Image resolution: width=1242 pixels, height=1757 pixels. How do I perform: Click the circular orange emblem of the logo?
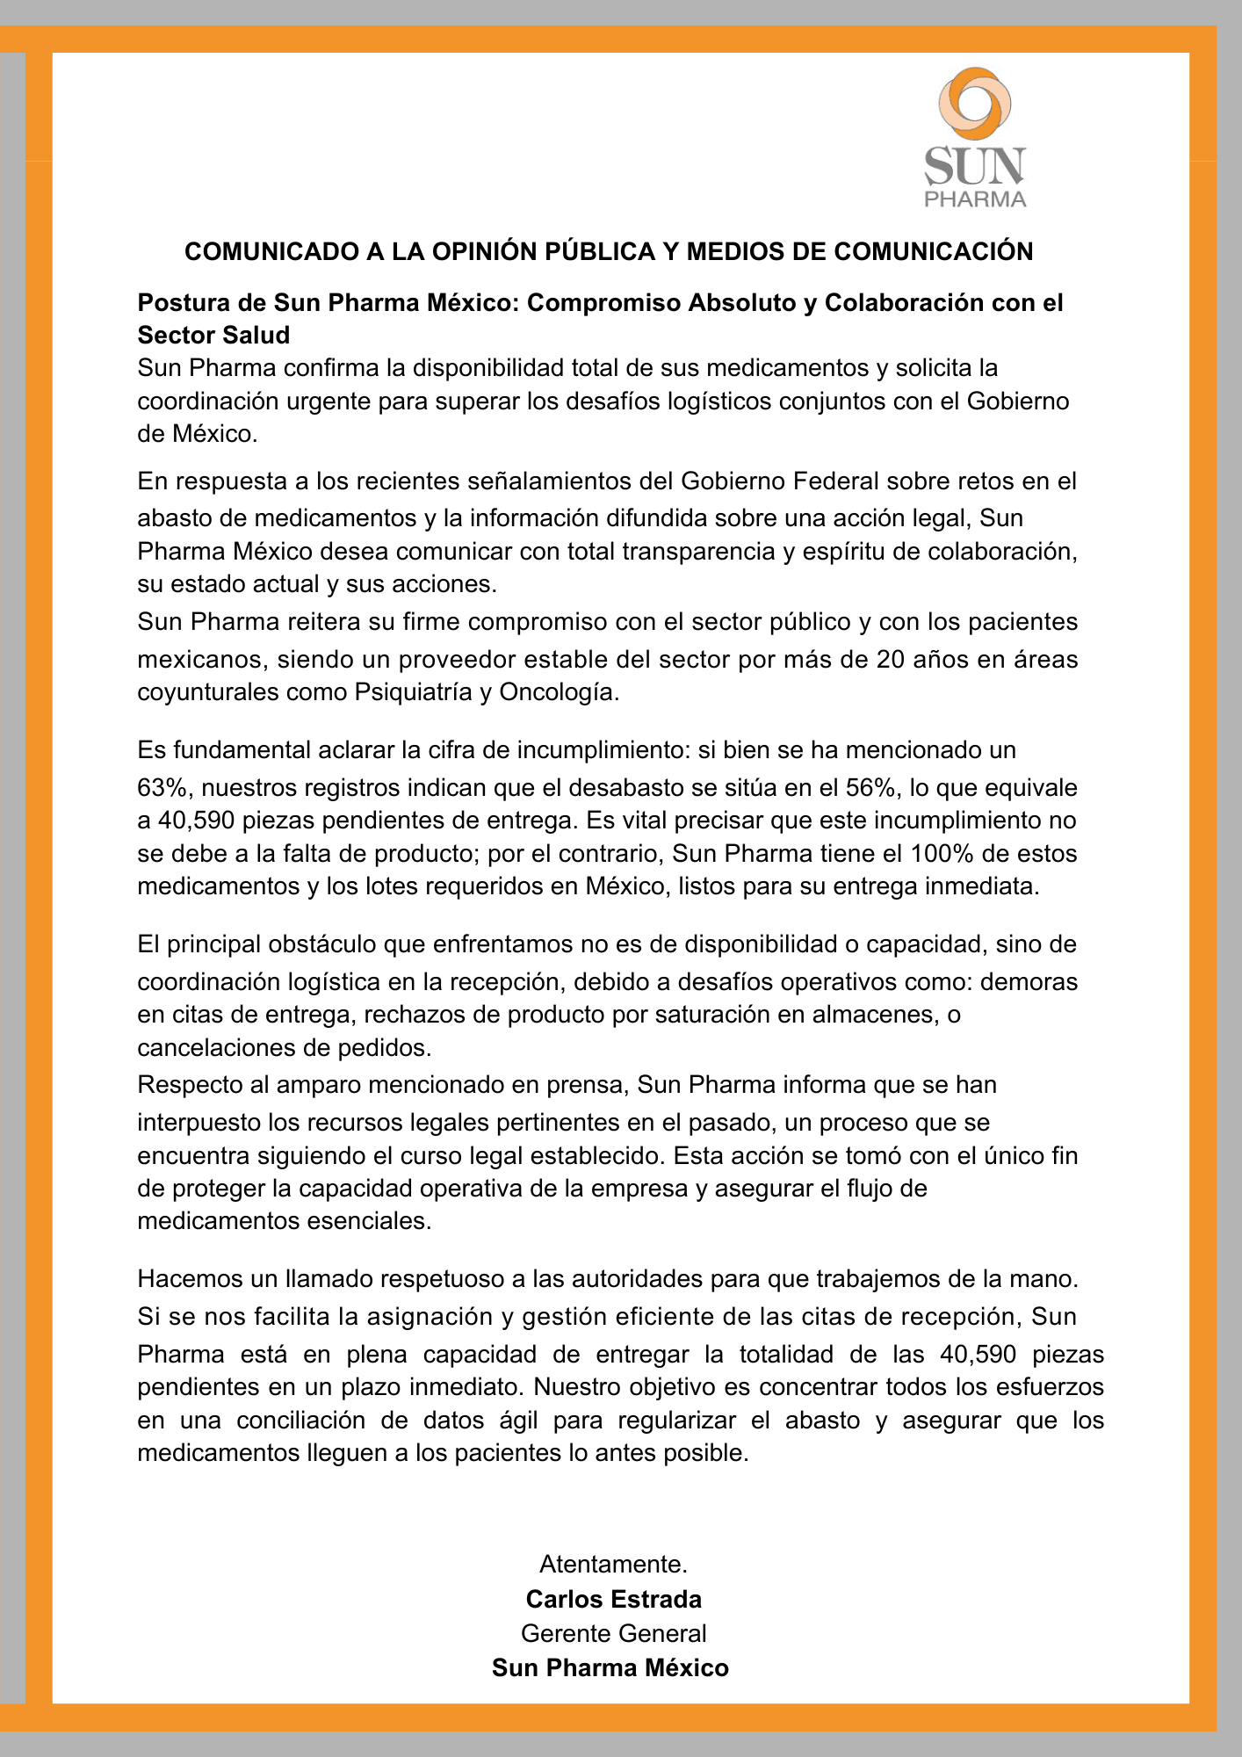(x=974, y=103)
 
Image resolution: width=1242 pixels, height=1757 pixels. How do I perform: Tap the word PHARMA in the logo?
(x=975, y=199)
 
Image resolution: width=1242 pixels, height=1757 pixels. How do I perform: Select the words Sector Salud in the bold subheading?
(x=213, y=335)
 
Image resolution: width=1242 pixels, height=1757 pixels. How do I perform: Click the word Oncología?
(x=559, y=692)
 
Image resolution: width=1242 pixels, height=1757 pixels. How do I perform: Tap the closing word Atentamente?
(x=613, y=1565)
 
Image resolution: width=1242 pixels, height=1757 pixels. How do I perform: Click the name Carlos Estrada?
(x=613, y=1599)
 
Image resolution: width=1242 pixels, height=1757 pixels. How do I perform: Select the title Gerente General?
(x=613, y=1633)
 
